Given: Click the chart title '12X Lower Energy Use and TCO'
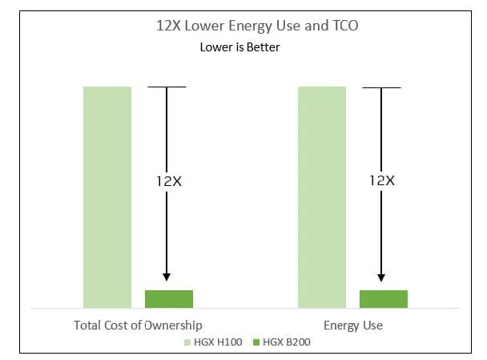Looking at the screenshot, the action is pos(257,26).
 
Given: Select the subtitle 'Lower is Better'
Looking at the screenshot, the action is pos(239,47).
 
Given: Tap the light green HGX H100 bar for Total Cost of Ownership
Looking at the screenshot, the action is pos(107,197).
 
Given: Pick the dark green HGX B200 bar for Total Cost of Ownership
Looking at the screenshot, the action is pos(169,299).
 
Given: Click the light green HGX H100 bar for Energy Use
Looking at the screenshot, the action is pos(322,197).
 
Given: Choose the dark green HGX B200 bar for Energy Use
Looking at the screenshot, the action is pos(384,299).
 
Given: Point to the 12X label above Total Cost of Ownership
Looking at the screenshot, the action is pos(169,181).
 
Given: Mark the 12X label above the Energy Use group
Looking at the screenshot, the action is pos(382,180).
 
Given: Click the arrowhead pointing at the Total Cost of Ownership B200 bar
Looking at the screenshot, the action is pos(167,277).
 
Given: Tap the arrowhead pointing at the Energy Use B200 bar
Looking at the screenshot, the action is pos(381,277).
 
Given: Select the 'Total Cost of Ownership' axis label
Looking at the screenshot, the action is pos(138,326).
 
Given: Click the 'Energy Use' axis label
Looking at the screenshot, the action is pos(353,326).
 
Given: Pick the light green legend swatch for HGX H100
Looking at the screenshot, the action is pos(187,342).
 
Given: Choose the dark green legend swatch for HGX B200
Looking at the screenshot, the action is pos(256,342).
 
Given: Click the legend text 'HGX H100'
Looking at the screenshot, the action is pos(218,342).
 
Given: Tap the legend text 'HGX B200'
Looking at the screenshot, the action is pos(287,342).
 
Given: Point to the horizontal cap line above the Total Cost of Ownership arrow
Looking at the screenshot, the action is pos(167,87).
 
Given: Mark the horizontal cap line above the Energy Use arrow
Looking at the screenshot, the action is pos(382,87).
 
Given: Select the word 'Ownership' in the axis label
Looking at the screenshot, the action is pos(173,326).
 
